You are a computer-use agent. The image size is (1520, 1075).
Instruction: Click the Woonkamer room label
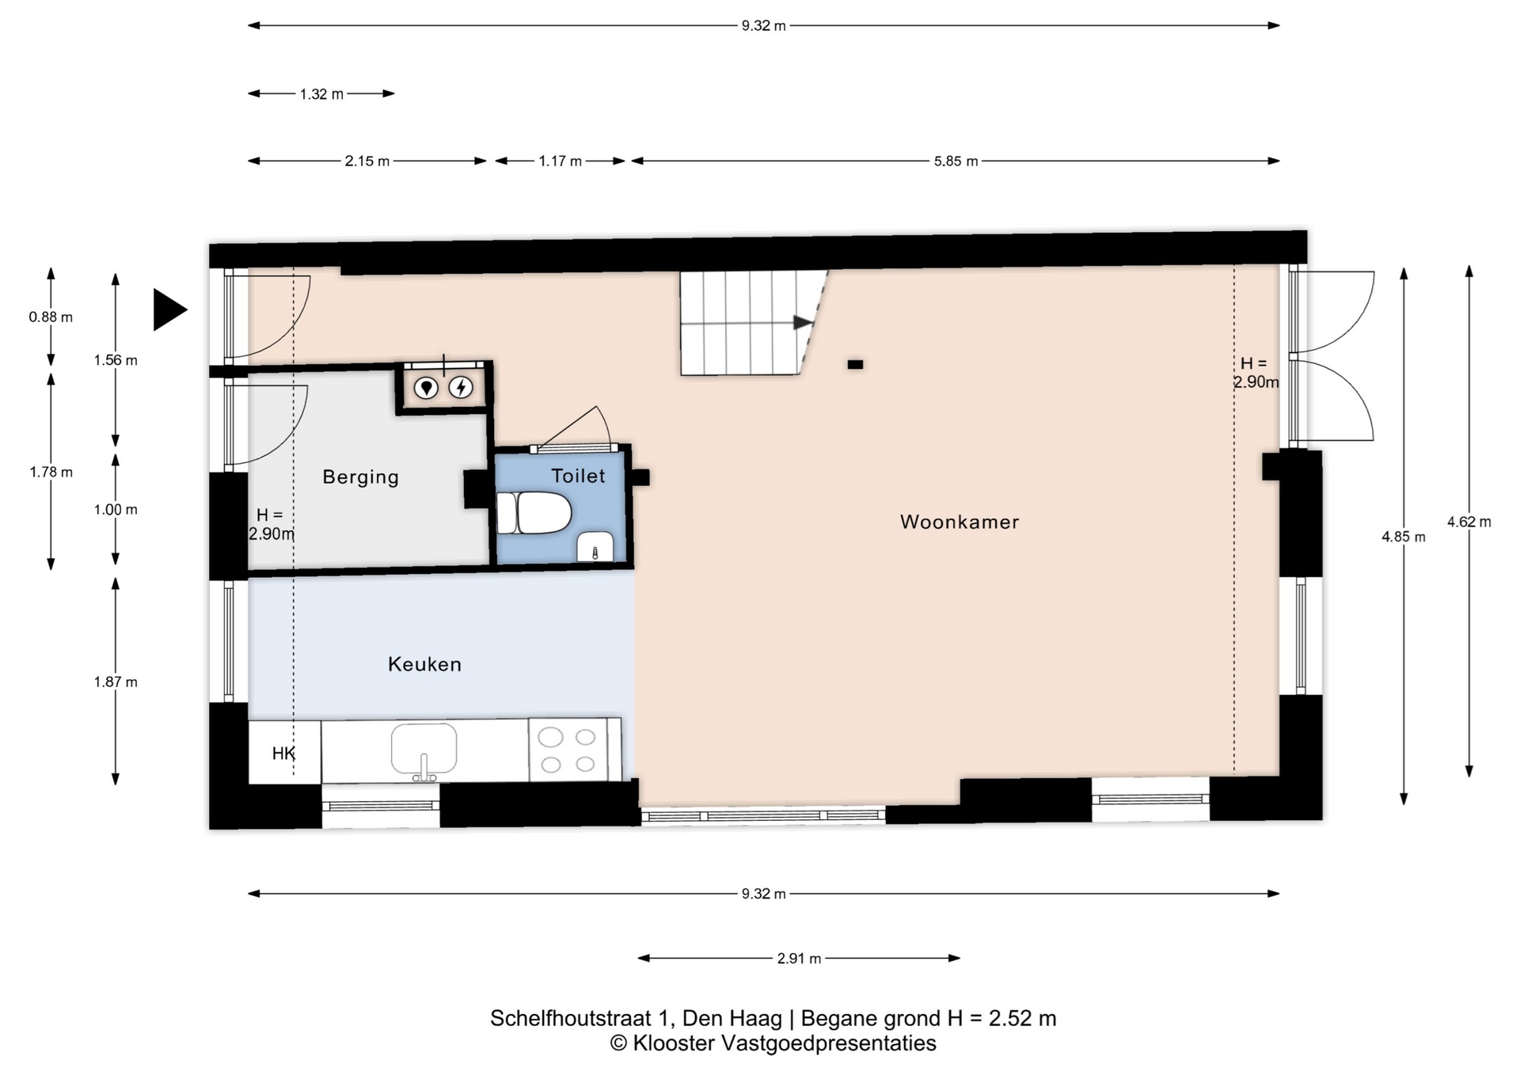click(959, 522)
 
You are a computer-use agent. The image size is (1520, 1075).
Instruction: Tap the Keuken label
click(424, 664)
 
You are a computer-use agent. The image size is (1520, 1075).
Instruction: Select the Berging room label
click(360, 477)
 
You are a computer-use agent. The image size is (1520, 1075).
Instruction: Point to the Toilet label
click(578, 476)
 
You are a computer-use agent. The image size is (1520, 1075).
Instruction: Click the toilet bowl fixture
click(534, 513)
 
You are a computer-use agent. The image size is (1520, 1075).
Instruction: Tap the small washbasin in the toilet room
click(595, 547)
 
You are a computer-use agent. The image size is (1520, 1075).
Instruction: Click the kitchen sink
click(424, 749)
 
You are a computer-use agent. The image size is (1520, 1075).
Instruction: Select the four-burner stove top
click(568, 750)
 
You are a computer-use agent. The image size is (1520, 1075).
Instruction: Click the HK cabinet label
click(283, 754)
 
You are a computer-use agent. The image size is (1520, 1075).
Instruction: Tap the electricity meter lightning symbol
click(461, 388)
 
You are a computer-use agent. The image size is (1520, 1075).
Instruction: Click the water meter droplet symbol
click(427, 388)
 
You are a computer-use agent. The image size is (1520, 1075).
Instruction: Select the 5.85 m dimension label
click(956, 161)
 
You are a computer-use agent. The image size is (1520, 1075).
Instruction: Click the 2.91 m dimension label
click(799, 959)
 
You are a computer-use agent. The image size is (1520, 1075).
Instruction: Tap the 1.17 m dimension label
click(560, 161)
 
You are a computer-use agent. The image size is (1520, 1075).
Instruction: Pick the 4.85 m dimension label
click(1404, 537)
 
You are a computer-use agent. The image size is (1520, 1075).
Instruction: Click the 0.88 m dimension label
click(51, 317)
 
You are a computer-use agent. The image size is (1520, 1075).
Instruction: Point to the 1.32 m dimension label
click(321, 94)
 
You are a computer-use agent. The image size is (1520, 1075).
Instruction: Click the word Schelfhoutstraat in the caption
click(582, 1018)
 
